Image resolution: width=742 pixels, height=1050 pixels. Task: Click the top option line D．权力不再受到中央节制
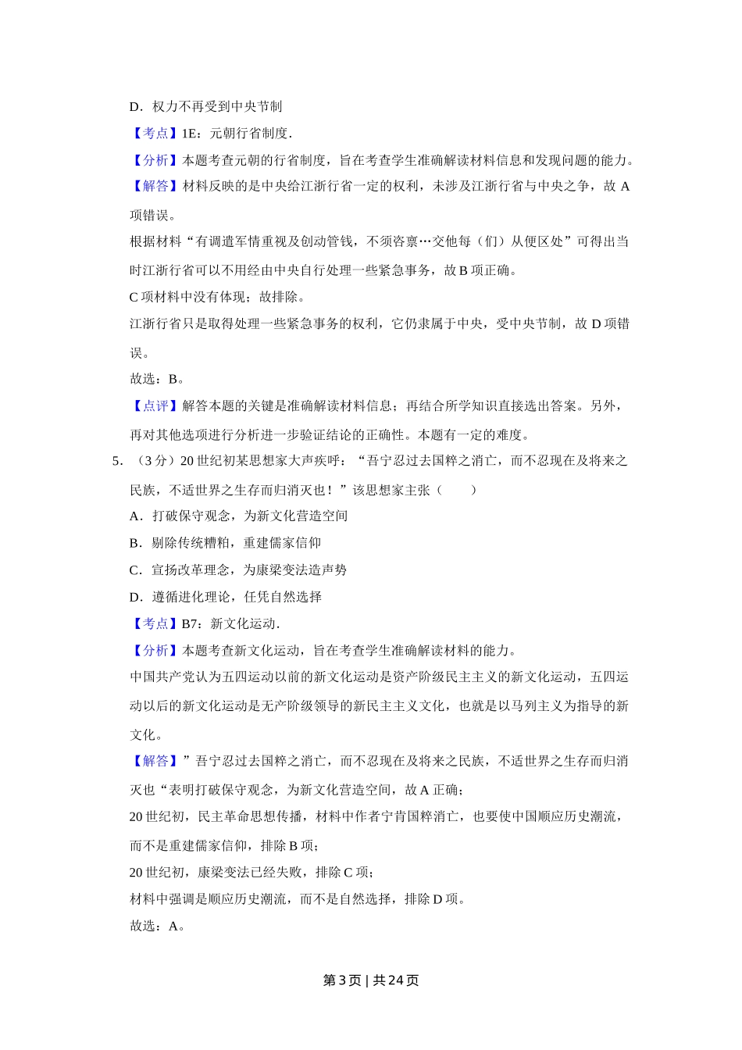(x=205, y=106)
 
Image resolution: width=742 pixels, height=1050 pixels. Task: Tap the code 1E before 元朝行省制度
(x=190, y=134)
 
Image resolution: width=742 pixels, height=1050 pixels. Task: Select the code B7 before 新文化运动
(x=191, y=623)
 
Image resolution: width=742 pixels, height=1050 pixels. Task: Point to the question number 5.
(x=117, y=461)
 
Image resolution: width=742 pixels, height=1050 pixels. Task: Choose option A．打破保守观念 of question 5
(x=238, y=516)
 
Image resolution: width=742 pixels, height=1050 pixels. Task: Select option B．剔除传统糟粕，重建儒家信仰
(x=225, y=543)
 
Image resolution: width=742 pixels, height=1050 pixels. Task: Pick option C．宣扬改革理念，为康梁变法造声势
(x=238, y=570)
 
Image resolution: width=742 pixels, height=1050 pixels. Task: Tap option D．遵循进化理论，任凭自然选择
(x=225, y=597)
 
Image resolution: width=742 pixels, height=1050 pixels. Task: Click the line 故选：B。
(x=157, y=379)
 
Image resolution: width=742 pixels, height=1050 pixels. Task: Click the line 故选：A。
(x=157, y=926)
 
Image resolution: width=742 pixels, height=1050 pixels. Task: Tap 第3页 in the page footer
(x=341, y=980)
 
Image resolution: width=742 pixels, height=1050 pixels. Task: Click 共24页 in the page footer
(x=396, y=980)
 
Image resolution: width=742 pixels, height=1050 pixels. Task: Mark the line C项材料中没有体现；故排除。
(x=218, y=297)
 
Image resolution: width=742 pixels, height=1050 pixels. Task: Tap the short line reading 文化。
(x=146, y=734)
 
